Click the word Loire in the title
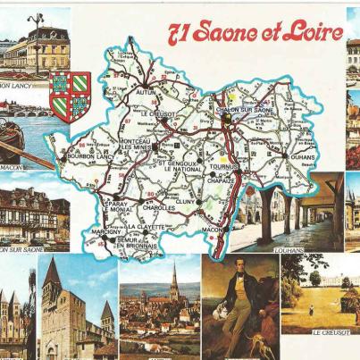(314, 33)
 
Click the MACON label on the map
(213, 230)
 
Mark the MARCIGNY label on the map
(108, 231)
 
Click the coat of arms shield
(70, 96)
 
